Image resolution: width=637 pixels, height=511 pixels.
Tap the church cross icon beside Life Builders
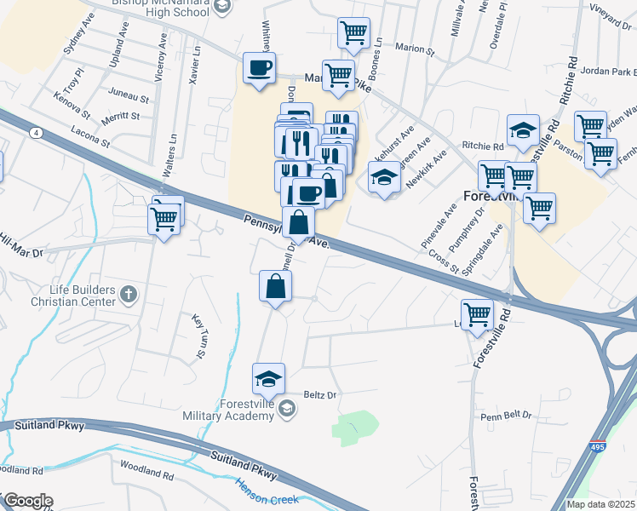(129, 296)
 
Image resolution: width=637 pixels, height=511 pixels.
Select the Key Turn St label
(199, 336)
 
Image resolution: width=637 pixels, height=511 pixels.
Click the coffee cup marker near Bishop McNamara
(260, 67)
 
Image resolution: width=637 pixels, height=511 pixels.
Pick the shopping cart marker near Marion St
(353, 33)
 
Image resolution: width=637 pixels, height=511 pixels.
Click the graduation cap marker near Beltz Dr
(268, 377)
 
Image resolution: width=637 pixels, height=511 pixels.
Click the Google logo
(27, 501)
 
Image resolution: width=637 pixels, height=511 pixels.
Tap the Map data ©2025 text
(600, 504)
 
